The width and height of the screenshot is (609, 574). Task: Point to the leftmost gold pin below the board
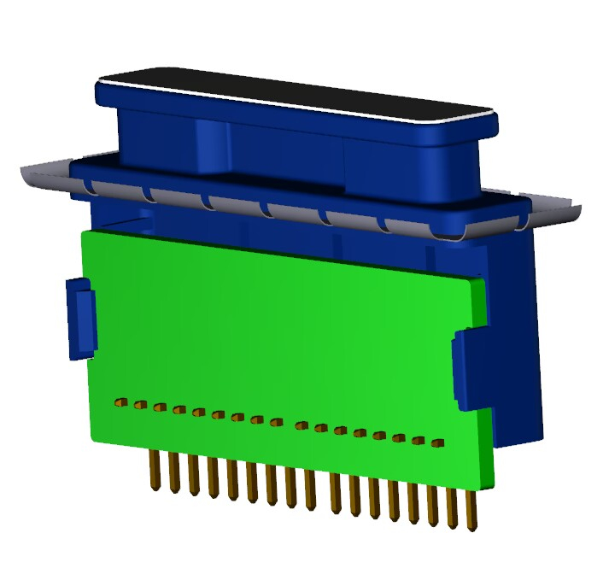155,471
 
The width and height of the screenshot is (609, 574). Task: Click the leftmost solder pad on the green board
120,401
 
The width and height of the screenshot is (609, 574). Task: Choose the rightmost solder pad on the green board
437,443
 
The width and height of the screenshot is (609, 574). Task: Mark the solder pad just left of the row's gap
276,422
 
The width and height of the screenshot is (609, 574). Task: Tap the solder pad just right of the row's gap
301,425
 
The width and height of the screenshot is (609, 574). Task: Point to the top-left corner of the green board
83,233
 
